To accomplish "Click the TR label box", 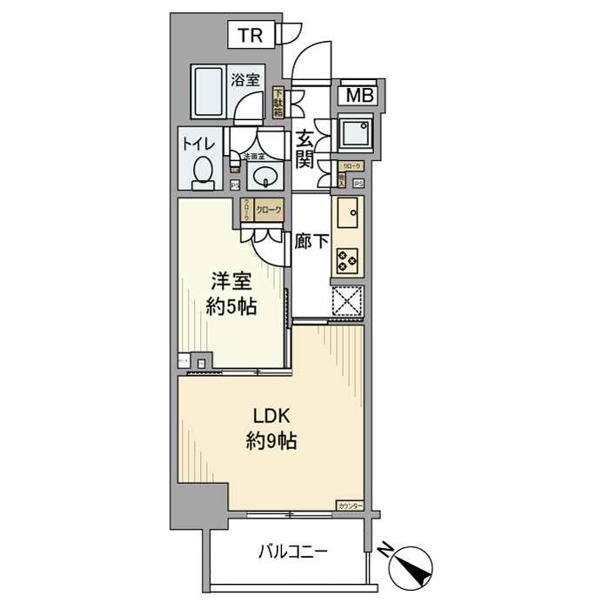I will click(x=251, y=36).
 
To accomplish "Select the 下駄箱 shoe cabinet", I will click(x=278, y=104).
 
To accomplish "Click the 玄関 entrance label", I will click(x=304, y=149).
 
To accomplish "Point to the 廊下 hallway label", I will click(x=311, y=242).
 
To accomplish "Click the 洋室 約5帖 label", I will click(x=231, y=294).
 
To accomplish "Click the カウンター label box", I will click(x=349, y=505).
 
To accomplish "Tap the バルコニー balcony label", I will click(x=292, y=552).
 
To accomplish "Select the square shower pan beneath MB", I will click(x=356, y=132).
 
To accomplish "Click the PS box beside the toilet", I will click(x=234, y=184).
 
